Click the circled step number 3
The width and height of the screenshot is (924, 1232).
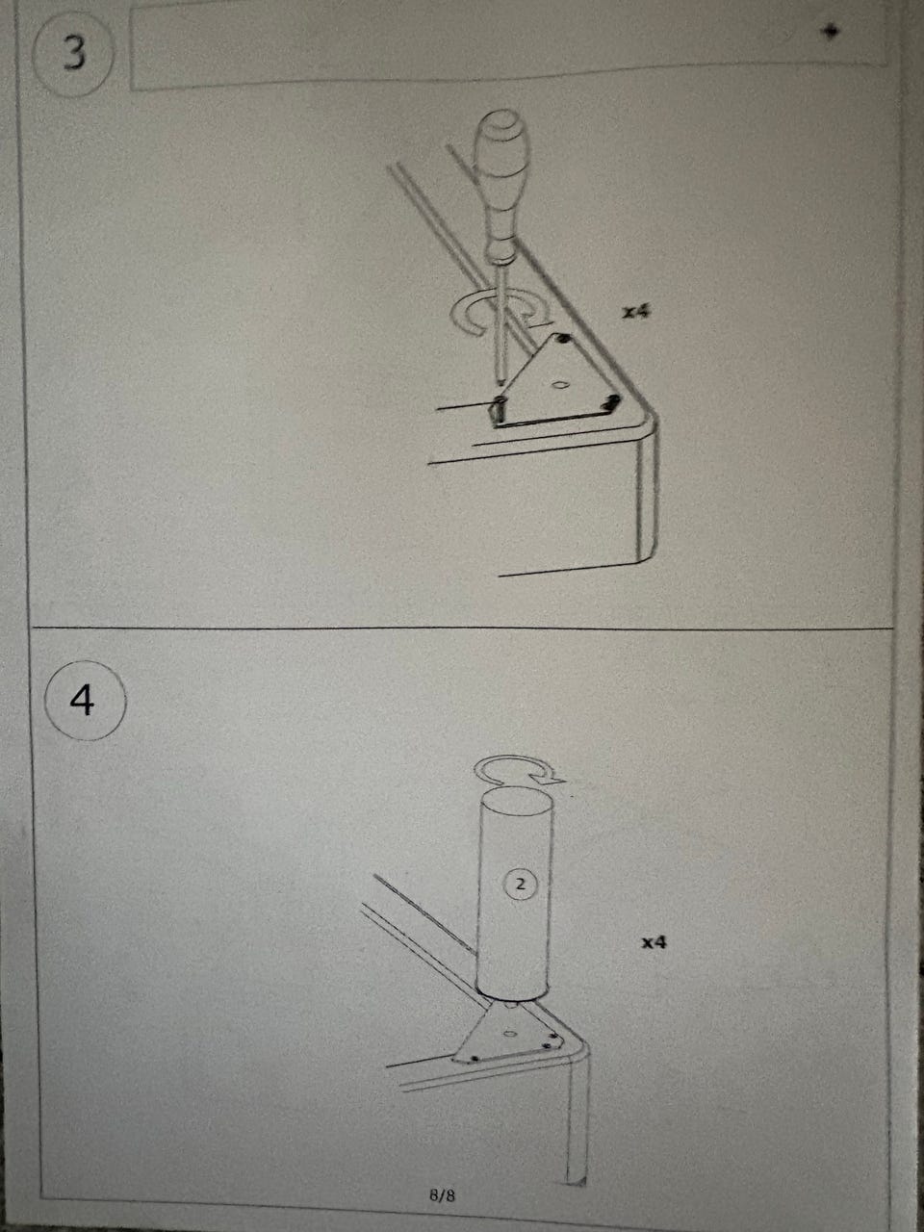[73, 55]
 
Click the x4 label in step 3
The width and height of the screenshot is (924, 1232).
[636, 311]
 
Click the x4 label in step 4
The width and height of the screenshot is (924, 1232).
[654, 942]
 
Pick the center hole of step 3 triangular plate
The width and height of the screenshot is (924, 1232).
[560, 385]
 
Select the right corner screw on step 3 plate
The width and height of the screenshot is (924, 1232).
[610, 402]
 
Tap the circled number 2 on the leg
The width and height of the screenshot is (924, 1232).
[521, 884]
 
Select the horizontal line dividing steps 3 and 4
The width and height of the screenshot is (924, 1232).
[461, 628]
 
